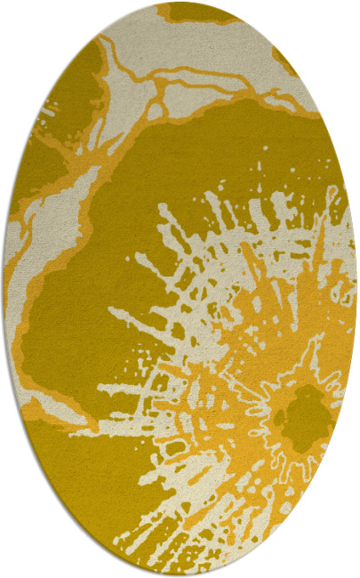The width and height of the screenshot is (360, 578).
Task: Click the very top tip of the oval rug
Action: [x=180, y=3]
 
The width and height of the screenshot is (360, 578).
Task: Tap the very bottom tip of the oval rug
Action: [x=180, y=575]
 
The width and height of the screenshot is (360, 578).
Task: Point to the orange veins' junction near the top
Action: [x=161, y=85]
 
